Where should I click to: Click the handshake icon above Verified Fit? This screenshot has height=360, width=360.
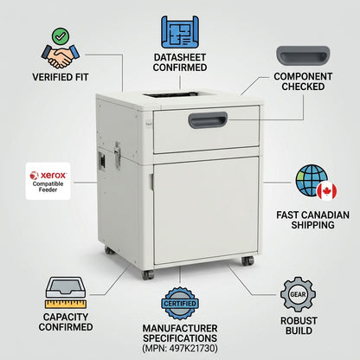[61, 56]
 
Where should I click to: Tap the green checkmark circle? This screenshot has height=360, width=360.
[61, 36]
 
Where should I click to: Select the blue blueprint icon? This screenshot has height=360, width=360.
[180, 32]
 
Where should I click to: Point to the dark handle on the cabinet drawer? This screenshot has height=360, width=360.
[208, 120]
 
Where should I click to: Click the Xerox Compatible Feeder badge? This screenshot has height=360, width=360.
[48, 181]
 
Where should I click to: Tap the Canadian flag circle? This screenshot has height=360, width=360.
[327, 191]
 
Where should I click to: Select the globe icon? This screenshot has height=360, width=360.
[311, 180]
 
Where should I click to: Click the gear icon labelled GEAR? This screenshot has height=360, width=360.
[298, 294]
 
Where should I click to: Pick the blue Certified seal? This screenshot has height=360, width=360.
[180, 303]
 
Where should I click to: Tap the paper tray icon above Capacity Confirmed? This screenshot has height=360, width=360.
[66, 287]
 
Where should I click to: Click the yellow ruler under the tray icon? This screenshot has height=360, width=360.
[66, 304]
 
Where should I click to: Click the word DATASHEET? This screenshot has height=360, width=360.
[180, 57]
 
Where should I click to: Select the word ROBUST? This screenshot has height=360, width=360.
[299, 321]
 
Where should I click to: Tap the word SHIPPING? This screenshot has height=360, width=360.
[312, 225]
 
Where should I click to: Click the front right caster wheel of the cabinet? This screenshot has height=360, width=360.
[247, 260]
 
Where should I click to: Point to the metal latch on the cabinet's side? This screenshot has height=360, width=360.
[118, 155]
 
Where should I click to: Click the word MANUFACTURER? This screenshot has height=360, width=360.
[180, 328]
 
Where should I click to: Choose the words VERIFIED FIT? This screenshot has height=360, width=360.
[61, 77]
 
